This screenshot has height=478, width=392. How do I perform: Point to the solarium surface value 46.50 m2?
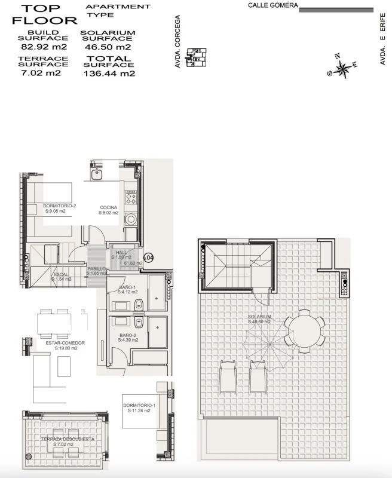[x=108, y=47]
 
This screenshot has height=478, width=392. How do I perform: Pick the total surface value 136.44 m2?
[x=109, y=74]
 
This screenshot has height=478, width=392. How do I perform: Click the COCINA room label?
[x=108, y=207]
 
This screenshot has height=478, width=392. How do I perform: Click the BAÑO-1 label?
[x=127, y=288]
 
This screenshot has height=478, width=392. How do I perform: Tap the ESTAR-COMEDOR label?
[x=65, y=343]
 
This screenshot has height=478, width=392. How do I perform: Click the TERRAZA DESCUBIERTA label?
[x=68, y=439]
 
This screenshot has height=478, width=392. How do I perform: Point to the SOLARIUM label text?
[x=260, y=317]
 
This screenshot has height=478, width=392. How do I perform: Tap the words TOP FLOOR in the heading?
[x=41, y=14]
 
